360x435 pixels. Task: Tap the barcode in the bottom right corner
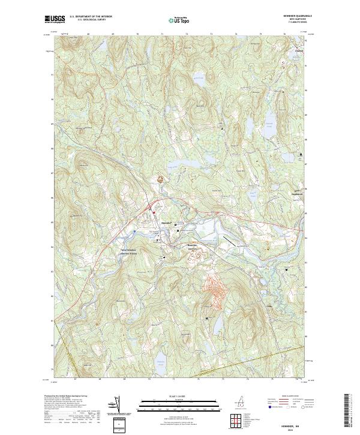350,410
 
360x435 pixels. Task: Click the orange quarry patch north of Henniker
160,178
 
